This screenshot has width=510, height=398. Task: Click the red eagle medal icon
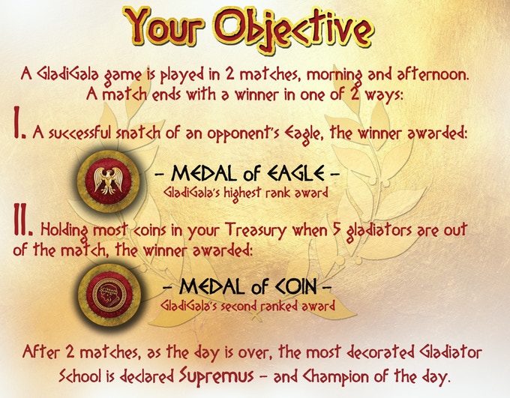(x=108, y=181)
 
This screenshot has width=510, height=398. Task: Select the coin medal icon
(x=109, y=295)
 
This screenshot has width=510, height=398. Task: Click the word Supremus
(x=216, y=376)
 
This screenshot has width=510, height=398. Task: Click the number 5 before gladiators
(x=337, y=230)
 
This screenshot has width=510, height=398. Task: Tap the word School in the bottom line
(x=80, y=376)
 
